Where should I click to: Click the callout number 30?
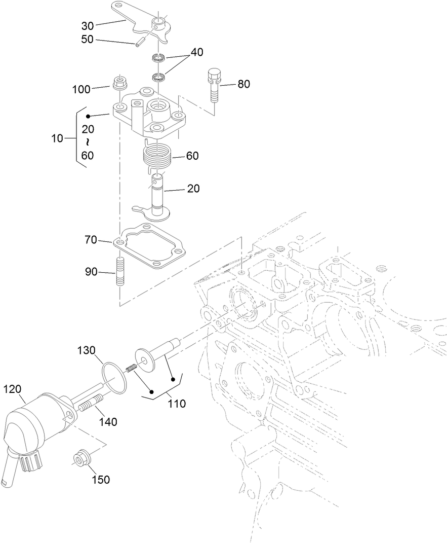coord(88,26)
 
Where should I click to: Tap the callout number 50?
coord(88,39)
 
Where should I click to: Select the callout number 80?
coord(243,84)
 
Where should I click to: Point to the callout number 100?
coord(81,89)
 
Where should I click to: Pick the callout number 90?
coord(91,273)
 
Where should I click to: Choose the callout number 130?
coord(86,350)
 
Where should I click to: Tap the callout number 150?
coord(100,479)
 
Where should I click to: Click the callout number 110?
coord(177,404)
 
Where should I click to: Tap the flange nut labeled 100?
coord(119,83)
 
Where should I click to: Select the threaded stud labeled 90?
coord(120,272)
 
